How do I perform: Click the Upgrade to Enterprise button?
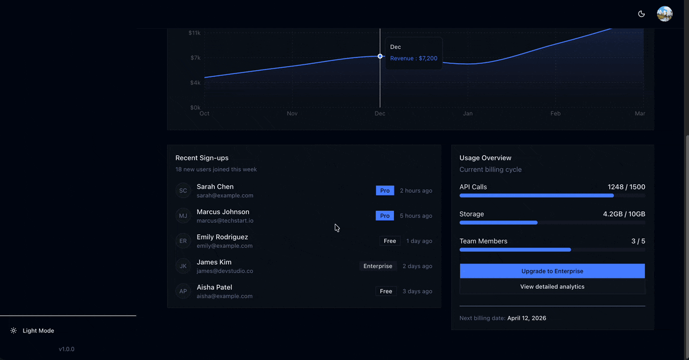(x=552, y=271)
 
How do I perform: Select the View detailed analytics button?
(x=552, y=287)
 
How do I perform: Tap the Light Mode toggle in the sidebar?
(x=38, y=331)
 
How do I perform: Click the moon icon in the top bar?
(x=641, y=14)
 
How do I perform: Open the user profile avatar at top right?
(x=664, y=14)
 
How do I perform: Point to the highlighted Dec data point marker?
(x=380, y=56)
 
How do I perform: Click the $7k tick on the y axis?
(x=195, y=58)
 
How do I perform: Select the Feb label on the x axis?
(x=555, y=114)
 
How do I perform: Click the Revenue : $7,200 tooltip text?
(x=413, y=59)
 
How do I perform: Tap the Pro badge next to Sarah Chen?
(x=385, y=191)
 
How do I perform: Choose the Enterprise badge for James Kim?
(x=378, y=266)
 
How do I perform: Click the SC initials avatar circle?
(x=183, y=191)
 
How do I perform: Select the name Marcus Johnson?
(x=223, y=212)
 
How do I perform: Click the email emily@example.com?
(x=224, y=246)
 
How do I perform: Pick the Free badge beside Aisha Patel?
(x=386, y=292)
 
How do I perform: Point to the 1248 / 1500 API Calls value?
(x=626, y=187)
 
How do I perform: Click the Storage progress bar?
(x=552, y=223)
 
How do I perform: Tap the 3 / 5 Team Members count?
(x=638, y=241)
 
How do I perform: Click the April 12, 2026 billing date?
(x=527, y=318)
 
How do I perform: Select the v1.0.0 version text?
(x=66, y=349)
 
